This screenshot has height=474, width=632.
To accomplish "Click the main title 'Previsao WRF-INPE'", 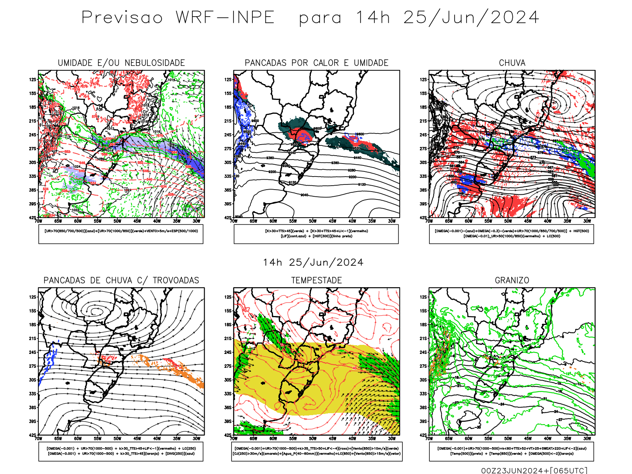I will [x=178, y=18].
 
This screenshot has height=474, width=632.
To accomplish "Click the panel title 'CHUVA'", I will [x=512, y=63].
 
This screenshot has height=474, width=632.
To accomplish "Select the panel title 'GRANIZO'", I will [x=512, y=280].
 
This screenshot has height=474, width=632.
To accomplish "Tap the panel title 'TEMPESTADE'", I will [x=316, y=280].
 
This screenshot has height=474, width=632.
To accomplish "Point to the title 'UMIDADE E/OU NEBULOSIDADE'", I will [x=121, y=63].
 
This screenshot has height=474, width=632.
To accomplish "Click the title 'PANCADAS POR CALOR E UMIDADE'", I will [x=316, y=63].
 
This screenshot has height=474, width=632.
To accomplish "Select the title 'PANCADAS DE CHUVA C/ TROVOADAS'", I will [x=121, y=280].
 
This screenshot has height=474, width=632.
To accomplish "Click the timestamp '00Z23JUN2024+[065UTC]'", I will [x=534, y=470].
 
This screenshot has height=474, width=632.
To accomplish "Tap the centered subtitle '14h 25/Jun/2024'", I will [x=313, y=263].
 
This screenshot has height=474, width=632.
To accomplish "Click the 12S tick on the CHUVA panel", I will [x=423, y=80].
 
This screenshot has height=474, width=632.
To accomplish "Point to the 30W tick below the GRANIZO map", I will [x=587, y=438].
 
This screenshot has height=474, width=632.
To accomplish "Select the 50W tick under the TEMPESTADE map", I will [x=312, y=438].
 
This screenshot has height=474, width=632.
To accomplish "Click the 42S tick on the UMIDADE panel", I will [x=32, y=218].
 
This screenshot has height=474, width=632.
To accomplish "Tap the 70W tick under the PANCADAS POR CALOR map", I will [x=234, y=221].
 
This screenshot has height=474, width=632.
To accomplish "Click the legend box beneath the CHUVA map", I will [x=512, y=234].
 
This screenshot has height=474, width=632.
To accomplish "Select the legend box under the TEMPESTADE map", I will [x=316, y=451].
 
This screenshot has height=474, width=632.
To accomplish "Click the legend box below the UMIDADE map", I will [x=121, y=234].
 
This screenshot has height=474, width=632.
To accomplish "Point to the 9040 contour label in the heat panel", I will [x=304, y=195].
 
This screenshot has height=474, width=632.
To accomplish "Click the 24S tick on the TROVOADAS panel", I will [x=32, y=352].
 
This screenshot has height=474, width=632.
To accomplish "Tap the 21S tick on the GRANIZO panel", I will [x=423, y=339].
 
